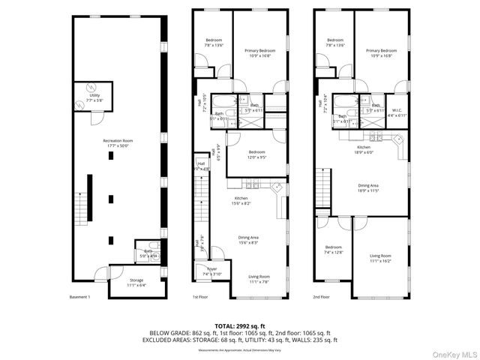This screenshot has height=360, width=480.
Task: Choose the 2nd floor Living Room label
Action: point(380,258)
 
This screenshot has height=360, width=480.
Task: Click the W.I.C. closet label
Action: point(397,112)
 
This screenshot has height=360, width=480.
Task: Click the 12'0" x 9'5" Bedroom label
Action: point(257,155)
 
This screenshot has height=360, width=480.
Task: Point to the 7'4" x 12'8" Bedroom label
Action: point(334,250)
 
